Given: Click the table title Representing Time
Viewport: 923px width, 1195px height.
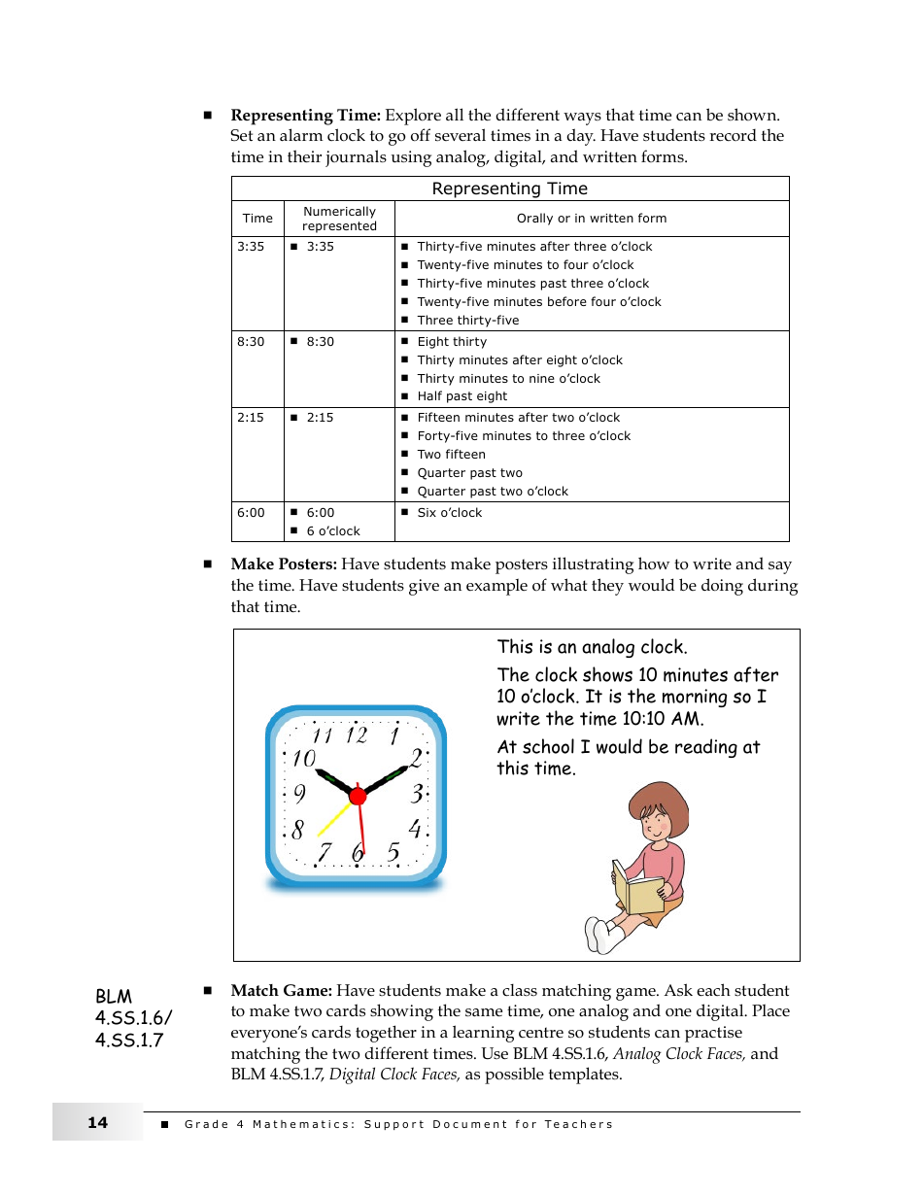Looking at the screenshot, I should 509,188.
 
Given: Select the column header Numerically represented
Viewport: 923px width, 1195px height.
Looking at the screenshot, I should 339,219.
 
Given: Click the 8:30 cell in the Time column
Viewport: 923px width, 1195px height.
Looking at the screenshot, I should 251,342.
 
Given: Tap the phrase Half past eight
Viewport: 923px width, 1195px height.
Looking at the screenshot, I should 461,396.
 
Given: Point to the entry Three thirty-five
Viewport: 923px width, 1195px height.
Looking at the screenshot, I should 467,321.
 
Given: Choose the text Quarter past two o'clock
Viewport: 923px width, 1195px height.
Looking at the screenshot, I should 493,492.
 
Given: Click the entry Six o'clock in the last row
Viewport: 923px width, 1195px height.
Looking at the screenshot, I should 449,513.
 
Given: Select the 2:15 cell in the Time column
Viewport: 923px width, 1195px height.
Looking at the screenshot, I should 251,418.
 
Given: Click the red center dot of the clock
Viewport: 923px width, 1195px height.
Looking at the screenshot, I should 358,797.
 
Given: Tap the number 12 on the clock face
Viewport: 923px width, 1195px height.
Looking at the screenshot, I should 357,735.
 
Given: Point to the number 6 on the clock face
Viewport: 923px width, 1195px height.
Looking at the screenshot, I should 358,853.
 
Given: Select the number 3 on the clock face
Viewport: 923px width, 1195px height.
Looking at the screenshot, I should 417,794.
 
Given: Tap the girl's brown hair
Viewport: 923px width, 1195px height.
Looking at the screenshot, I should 661,802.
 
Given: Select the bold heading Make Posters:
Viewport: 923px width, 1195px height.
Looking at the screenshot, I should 284,564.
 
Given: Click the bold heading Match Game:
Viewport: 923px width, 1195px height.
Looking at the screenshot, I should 281,991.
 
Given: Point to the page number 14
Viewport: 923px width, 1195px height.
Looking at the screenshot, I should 97,1123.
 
